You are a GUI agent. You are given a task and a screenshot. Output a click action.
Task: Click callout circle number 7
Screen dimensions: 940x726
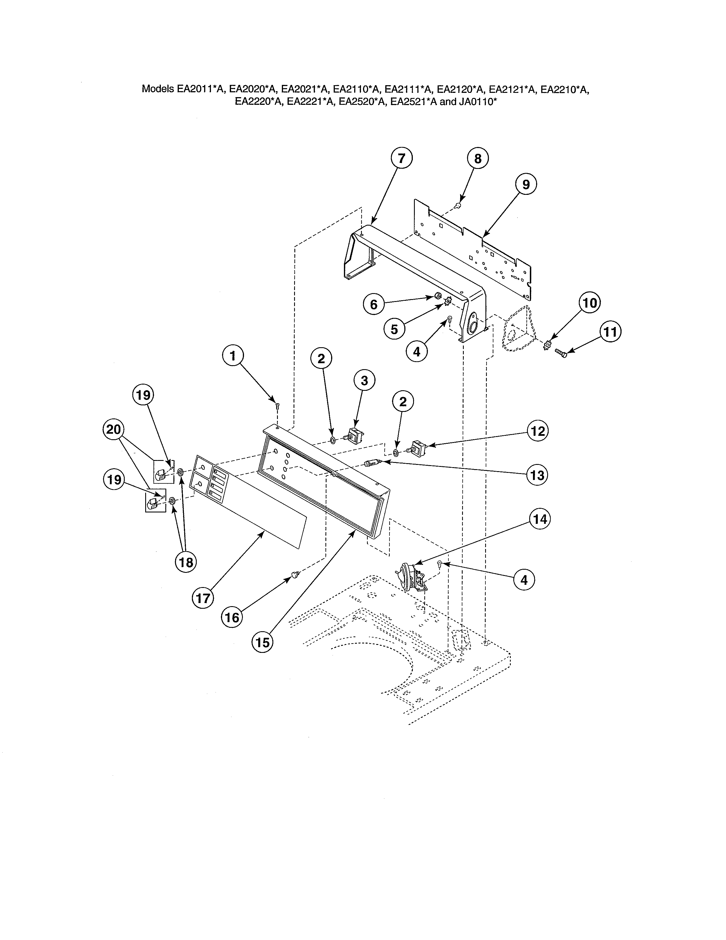pyautogui.click(x=401, y=158)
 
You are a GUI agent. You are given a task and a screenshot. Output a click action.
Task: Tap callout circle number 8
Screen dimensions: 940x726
pyautogui.click(x=478, y=159)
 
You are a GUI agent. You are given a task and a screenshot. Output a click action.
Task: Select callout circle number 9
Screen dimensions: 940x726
pyautogui.click(x=526, y=184)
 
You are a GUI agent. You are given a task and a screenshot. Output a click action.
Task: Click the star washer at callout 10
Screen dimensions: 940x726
pyautogui.click(x=547, y=345)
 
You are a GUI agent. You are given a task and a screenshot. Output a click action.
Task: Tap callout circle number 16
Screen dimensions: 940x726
pyautogui.click(x=232, y=618)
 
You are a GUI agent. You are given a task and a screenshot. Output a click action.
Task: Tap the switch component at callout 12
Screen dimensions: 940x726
pyautogui.click(x=417, y=447)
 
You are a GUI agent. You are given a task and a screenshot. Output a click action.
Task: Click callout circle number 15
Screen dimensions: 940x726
pyautogui.click(x=262, y=643)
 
